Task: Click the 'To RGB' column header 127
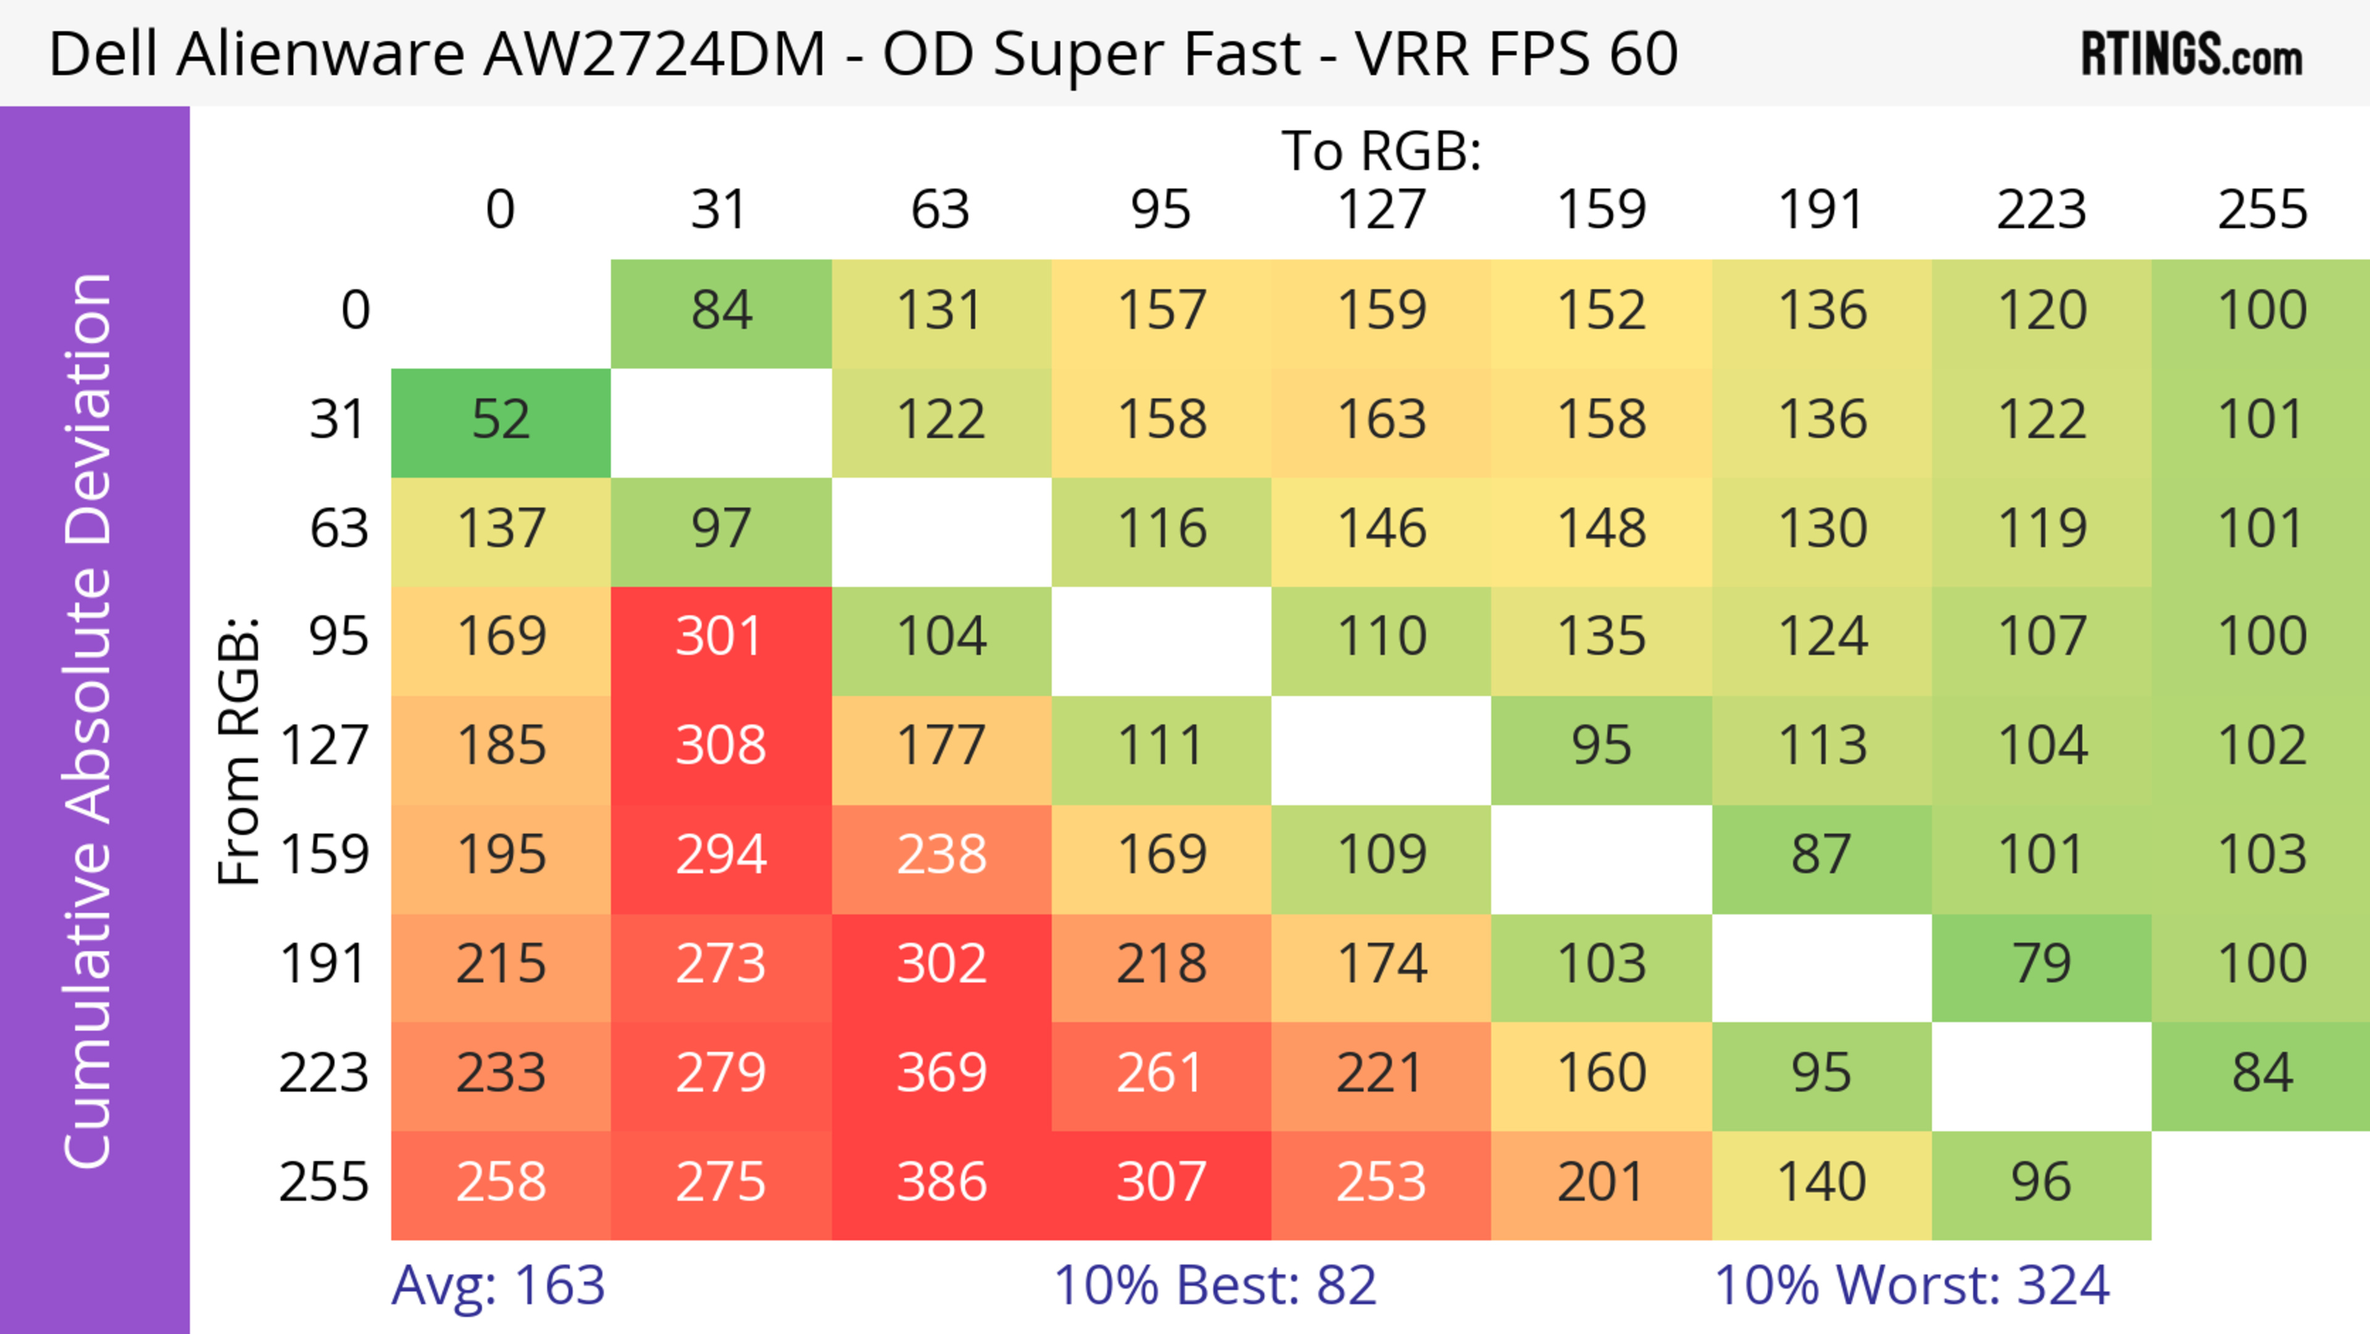pyautogui.click(x=1381, y=210)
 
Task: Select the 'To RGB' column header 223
pyautogui.click(x=2042, y=210)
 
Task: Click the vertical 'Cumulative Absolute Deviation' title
pyautogui.click(x=89, y=721)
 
